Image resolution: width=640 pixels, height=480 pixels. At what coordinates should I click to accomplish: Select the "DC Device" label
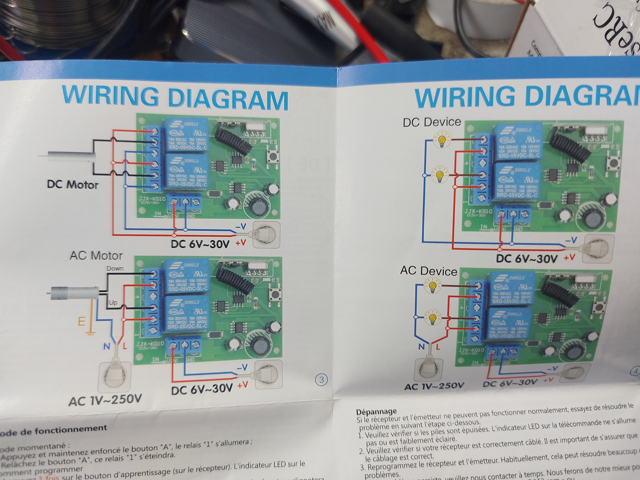point(432,122)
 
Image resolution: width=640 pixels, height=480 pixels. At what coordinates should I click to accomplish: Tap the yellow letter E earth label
point(82,321)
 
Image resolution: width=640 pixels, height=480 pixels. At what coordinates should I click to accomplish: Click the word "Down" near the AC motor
point(115,269)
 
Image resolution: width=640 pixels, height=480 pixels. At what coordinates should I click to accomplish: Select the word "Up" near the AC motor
point(113,303)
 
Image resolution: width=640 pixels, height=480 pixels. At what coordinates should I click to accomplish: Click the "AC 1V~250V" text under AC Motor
point(105,400)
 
